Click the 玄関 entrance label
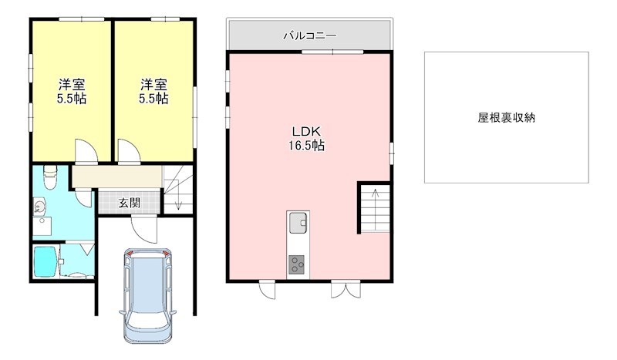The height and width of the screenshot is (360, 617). point(130,204)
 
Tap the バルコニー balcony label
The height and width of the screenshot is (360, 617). point(309,35)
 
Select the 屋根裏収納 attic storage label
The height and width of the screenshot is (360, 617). point(506,118)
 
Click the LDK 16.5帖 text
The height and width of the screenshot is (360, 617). point(306,137)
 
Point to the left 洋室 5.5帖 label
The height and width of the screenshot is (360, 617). point(71,92)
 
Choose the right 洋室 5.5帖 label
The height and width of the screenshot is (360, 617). point(153,92)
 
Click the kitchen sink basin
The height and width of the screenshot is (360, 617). point(297,225)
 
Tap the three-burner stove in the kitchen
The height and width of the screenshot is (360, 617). point(297,264)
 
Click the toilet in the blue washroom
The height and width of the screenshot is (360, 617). point(49,177)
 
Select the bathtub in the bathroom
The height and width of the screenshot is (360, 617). point(45,261)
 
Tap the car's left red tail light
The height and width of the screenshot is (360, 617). point(130,254)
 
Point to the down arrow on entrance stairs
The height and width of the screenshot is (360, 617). point(178,202)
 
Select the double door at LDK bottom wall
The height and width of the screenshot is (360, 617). point(341,289)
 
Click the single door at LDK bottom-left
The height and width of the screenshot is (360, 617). point(267,290)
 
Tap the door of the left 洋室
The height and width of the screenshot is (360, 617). point(86,151)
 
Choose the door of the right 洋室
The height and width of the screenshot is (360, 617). point(128,151)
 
